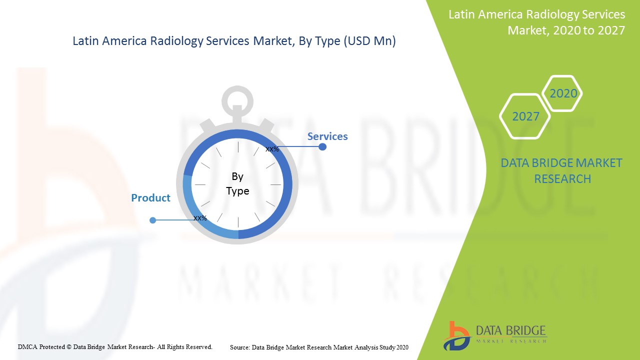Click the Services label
coord(327,136)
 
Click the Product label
coord(150,198)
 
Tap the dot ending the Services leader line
coord(322,147)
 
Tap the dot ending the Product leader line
coord(153,220)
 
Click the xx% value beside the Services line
coord(272,149)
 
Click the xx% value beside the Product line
coord(200,218)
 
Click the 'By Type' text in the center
coord(237,183)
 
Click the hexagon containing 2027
coord(525,116)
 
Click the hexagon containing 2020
coord(563,93)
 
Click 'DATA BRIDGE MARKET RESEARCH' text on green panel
coord(562,170)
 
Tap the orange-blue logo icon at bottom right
coord(456,335)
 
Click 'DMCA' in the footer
coord(27,346)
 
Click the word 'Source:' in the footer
coord(240,347)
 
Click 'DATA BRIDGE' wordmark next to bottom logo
coord(510,331)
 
